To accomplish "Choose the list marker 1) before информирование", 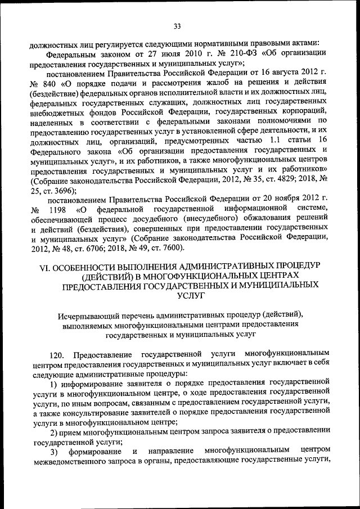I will tap(53, 385).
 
